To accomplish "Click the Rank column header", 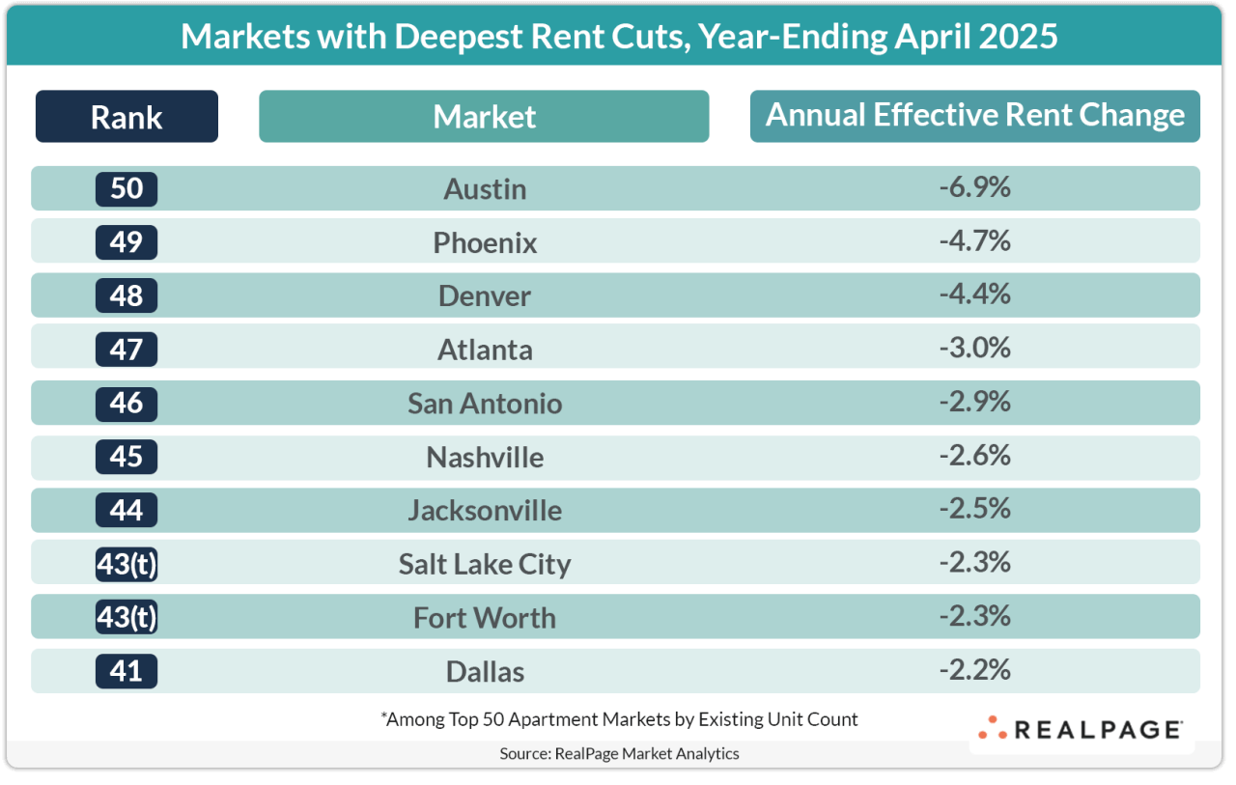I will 126,117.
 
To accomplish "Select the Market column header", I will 484,117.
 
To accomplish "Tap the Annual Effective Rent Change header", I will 974,116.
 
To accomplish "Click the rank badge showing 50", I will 126,188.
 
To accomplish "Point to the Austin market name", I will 485,189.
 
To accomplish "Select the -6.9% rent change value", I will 974,187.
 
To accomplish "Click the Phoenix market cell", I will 485,242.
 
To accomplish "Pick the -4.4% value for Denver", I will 974,294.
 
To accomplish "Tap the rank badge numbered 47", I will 126,349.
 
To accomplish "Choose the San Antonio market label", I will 485,403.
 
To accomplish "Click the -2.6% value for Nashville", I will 974,454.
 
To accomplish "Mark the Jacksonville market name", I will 485,510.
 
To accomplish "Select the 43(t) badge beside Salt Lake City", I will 126,563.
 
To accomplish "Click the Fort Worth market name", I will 485,617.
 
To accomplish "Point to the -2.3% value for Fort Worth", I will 974,615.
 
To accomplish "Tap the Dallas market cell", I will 485,670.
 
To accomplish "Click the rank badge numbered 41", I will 126,670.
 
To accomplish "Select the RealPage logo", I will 1081,730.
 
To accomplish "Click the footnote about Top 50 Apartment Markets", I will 619,719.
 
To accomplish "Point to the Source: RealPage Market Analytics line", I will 619,753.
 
